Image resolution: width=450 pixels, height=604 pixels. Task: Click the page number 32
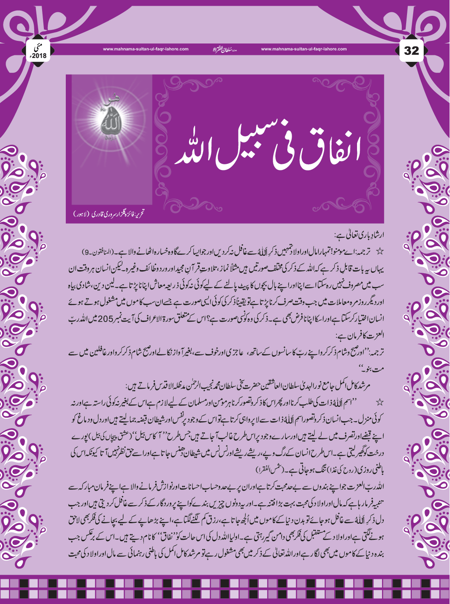[411, 51]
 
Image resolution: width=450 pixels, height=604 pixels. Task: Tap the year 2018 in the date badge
[39, 56]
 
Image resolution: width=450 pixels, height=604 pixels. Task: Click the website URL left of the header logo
[146, 49]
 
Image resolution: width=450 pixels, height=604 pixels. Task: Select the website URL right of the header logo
[304, 49]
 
